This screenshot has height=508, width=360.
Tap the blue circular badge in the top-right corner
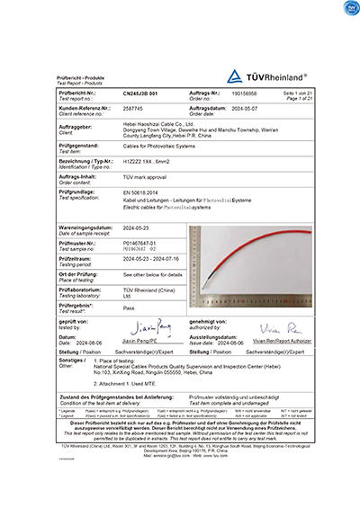point(348,9)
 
